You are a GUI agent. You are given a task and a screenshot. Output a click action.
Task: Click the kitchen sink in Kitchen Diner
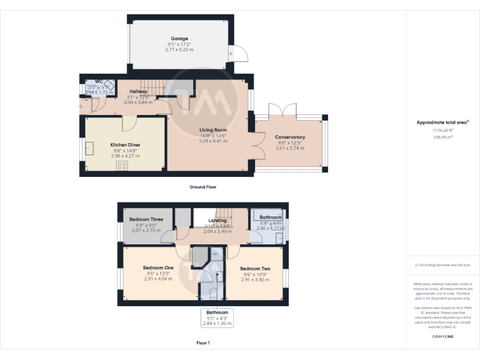(x=89, y=148)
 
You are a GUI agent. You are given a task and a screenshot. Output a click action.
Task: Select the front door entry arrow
(x=81, y=106)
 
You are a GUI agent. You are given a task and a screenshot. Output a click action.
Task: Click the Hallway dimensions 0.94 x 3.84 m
(x=138, y=102)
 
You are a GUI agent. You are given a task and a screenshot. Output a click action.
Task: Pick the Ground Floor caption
(x=203, y=187)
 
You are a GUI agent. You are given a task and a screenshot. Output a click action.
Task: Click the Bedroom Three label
(x=146, y=219)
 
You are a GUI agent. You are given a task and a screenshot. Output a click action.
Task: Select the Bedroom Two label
(x=255, y=267)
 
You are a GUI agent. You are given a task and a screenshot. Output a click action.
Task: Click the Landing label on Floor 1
(x=217, y=220)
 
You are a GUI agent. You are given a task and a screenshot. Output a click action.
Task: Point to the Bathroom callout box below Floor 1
(x=217, y=317)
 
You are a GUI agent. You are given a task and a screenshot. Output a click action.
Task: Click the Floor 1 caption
(x=203, y=343)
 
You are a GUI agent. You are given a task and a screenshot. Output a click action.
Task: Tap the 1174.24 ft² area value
(x=443, y=130)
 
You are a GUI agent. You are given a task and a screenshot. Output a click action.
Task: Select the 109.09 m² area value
(x=443, y=137)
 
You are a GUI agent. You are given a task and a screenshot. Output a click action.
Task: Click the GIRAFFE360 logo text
(x=443, y=336)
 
